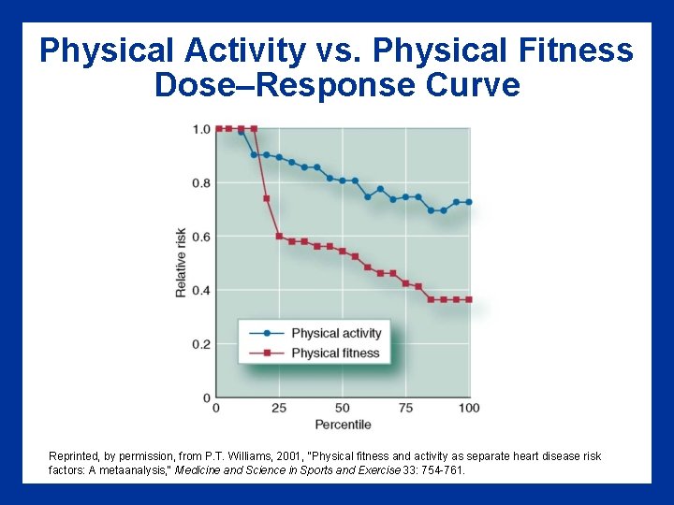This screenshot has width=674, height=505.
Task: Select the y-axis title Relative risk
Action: [x=181, y=263]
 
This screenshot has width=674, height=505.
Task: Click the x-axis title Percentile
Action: [x=343, y=425]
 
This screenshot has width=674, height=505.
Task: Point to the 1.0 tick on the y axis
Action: [x=201, y=129]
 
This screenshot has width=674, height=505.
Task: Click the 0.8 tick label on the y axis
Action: [x=201, y=183]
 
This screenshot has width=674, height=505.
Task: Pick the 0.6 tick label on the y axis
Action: [x=201, y=237]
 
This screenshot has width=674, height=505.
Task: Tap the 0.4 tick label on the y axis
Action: [x=201, y=291]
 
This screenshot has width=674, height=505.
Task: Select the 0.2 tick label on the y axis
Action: [x=201, y=344]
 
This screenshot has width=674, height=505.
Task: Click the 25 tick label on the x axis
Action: [x=279, y=408]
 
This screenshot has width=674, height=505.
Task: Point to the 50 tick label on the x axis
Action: [x=343, y=408]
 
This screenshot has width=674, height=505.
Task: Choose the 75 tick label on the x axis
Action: [x=405, y=408]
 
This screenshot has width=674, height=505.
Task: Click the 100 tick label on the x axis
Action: [x=469, y=408]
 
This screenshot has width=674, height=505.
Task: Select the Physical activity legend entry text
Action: [x=336, y=333]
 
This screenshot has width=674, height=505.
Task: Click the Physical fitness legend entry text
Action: [x=335, y=353]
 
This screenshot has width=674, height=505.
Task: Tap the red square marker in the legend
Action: [x=267, y=353]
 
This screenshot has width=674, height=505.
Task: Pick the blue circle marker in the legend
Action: [x=267, y=333]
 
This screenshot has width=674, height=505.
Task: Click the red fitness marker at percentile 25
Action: [x=279, y=236]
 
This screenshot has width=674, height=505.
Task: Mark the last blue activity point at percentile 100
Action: [x=469, y=202]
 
